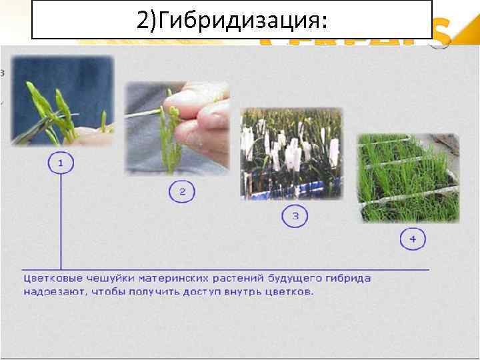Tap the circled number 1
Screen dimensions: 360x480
coord(61,163)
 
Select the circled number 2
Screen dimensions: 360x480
coord(182,193)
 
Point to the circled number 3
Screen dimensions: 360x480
coord(295,215)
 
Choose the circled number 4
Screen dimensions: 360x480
coord(412,238)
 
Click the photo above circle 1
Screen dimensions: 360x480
coord(62,100)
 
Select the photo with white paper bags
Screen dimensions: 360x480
coord(291,153)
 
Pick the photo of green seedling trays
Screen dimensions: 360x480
coord(409,177)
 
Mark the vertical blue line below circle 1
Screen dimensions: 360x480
coord(61,220)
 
